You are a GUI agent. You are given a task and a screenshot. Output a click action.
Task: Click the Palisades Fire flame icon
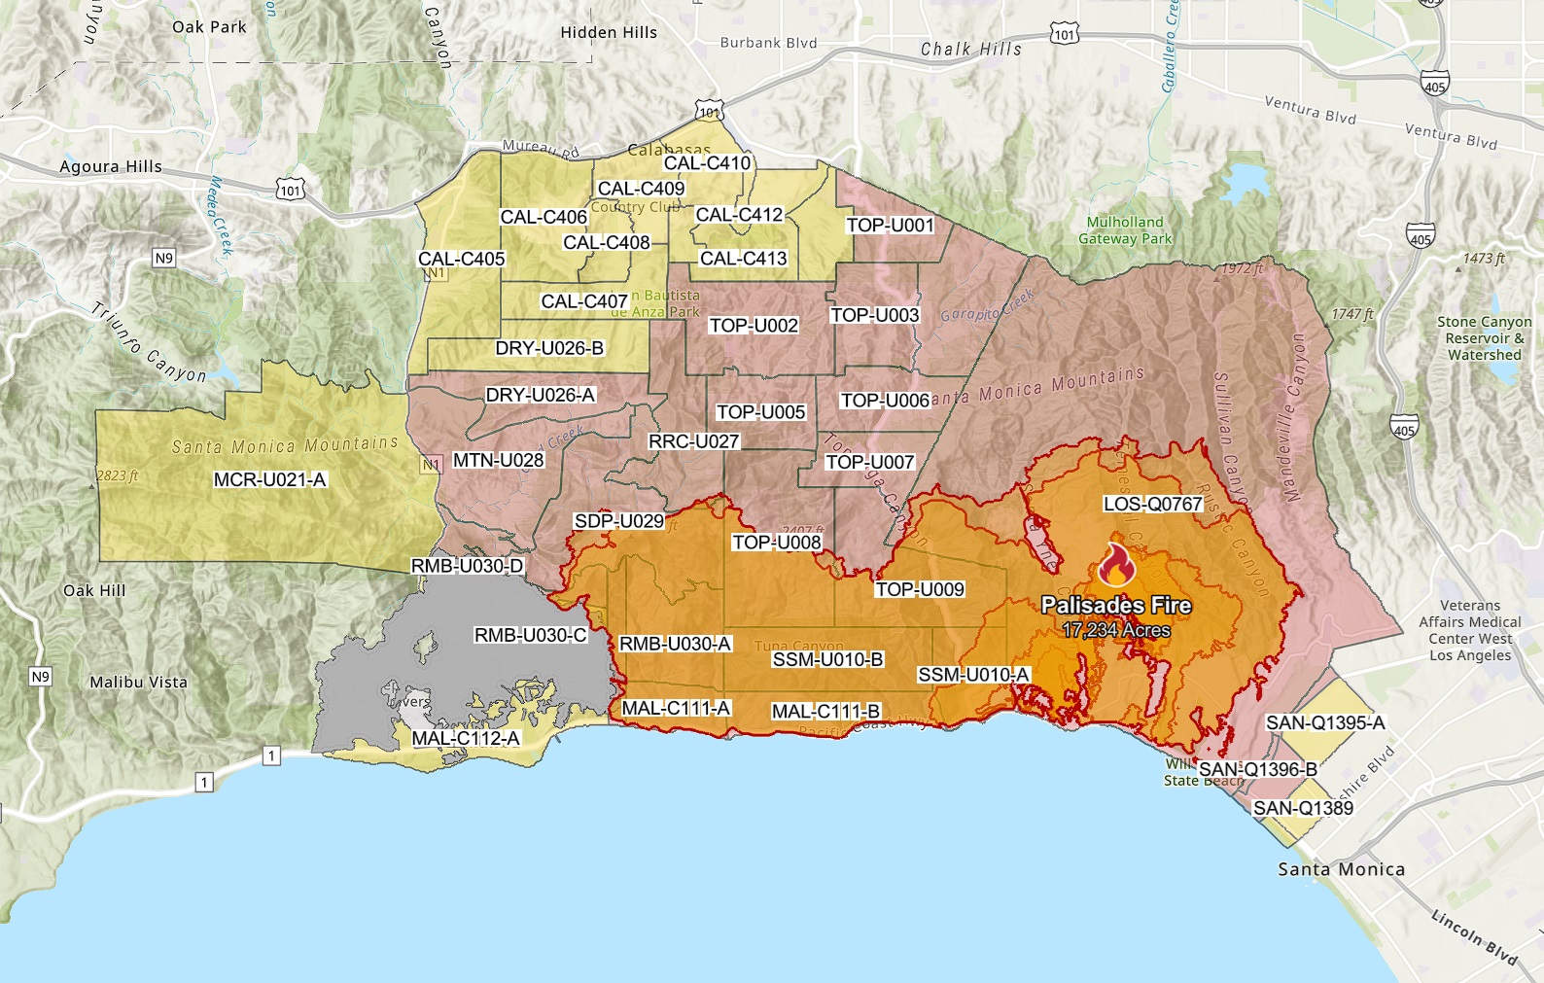pos(1116,565)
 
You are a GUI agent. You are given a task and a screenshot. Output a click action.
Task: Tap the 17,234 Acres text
pos(1116,631)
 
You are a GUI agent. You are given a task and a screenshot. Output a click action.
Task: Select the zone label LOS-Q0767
pos(1152,504)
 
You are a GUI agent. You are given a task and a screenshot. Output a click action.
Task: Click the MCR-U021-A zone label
pos(269,479)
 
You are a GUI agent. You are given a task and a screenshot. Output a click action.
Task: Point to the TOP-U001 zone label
pos(890,226)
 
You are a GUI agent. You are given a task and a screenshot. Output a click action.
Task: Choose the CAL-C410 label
pos(707,163)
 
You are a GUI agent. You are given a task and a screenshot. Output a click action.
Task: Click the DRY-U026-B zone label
pos(549,348)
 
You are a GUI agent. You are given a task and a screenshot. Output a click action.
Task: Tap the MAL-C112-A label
pos(466,738)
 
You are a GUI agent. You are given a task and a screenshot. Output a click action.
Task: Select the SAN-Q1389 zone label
pos(1303,808)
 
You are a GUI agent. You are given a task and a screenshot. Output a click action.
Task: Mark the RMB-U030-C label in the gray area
pos(530,635)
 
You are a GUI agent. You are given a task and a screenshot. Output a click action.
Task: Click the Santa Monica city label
pos(1341,869)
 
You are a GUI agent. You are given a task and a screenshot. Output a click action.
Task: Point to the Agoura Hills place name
pos(111,166)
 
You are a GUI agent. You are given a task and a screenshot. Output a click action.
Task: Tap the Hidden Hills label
pos(609,32)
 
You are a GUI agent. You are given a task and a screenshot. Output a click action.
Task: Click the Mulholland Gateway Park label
pos(1125,230)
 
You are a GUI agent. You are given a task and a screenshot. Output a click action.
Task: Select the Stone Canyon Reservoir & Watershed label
pos(1484,338)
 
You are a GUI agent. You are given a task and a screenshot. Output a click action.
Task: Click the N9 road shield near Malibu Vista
pos(40,677)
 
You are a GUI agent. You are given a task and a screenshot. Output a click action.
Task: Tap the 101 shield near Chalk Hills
pos(1065,35)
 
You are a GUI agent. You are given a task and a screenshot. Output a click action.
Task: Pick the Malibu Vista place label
pos(138,683)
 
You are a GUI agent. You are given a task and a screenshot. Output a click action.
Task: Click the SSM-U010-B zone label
pos(827,660)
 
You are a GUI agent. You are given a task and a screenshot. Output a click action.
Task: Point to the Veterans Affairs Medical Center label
pos(1470,630)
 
